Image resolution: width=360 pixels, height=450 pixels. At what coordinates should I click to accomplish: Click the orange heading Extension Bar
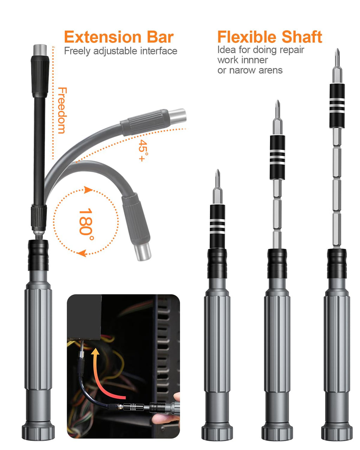119,37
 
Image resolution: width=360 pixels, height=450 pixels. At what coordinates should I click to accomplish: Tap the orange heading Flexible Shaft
269,37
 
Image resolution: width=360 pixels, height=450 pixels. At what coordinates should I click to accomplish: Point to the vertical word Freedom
62,110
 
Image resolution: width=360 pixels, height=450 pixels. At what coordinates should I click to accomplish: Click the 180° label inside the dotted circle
86,222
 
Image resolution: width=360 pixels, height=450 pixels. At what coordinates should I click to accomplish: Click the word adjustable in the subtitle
115,51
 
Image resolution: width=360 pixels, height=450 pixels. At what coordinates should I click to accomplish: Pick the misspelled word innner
255,60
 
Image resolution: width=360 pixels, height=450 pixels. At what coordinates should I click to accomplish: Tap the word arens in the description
270,70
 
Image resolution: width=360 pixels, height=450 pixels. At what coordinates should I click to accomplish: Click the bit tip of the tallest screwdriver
337,56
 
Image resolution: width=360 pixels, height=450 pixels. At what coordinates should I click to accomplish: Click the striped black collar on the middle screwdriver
277,157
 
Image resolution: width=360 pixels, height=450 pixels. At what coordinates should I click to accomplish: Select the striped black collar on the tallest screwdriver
337,105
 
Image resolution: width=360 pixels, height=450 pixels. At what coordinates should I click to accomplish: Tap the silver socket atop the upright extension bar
40,49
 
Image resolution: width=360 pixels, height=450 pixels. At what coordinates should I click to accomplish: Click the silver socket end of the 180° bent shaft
144,252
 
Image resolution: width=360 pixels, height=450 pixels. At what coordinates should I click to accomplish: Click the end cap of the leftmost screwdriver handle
38,431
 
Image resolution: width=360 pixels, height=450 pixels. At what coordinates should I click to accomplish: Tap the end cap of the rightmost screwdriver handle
337,432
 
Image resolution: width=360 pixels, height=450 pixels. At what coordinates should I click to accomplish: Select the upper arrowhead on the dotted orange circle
88,190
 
